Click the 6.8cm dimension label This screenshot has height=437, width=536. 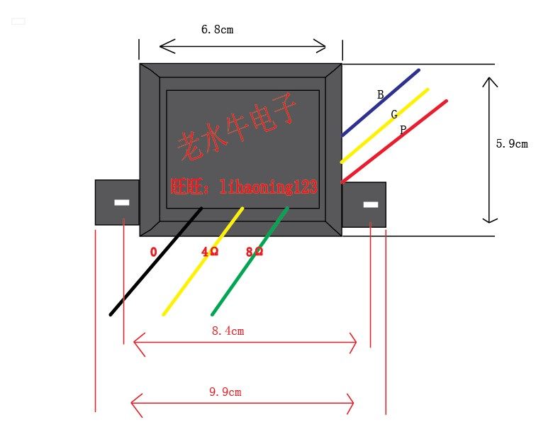tap(217, 30)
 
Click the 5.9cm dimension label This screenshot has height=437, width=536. tap(511, 143)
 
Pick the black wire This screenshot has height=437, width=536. tap(156, 261)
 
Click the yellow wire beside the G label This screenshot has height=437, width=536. tap(384, 126)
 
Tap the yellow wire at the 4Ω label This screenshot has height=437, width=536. tap(203, 261)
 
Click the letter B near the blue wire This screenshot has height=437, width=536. tap(380, 94)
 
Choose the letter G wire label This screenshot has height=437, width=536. tap(394, 114)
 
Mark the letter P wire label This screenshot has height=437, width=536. tap(403, 130)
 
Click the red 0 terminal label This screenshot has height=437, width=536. tap(153, 252)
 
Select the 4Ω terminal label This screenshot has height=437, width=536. tap(209, 252)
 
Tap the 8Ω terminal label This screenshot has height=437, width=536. tap(254, 252)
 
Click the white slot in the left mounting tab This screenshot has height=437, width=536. tap(122, 202)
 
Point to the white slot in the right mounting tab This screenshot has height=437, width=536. tap(370, 205)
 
